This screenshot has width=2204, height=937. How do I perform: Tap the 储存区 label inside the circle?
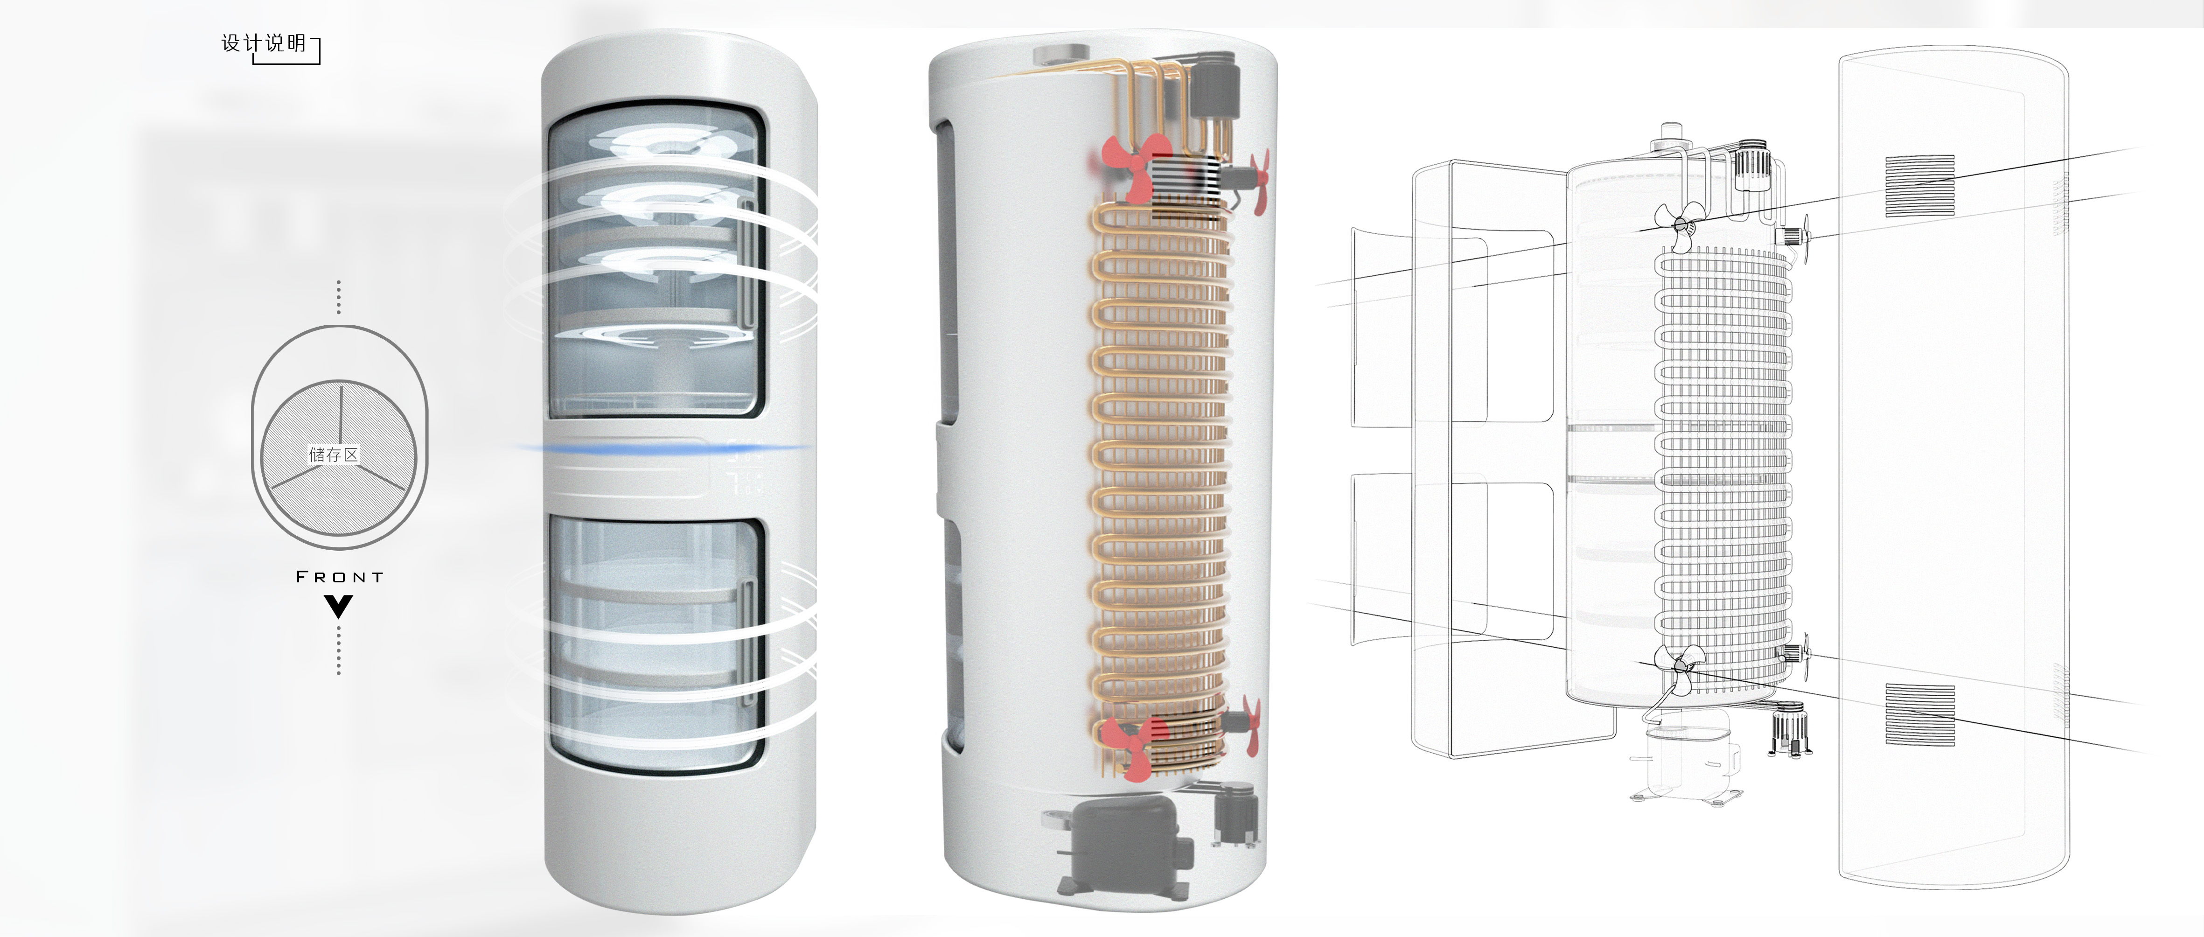click(x=334, y=455)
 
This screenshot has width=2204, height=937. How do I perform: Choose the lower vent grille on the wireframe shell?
click(x=1920, y=714)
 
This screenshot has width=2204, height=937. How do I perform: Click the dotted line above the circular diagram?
click(x=339, y=297)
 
